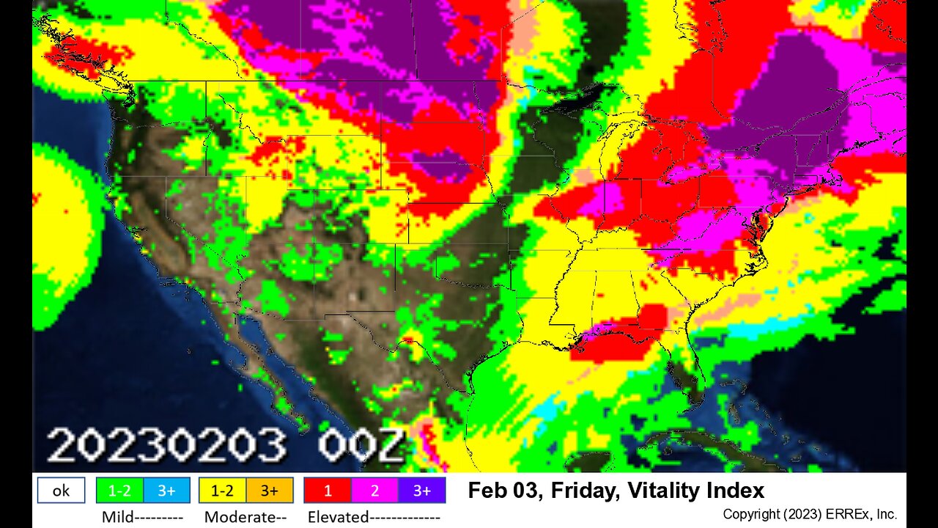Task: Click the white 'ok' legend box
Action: click(61, 491)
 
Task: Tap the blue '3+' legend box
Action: click(166, 491)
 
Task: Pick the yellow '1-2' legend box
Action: click(222, 491)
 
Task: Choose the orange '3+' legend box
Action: click(270, 491)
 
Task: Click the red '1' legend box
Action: click(328, 491)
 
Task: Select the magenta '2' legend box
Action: click(374, 491)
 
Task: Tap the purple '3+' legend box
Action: click(421, 491)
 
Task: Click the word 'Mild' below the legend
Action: click(117, 517)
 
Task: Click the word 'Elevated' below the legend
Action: click(338, 517)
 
